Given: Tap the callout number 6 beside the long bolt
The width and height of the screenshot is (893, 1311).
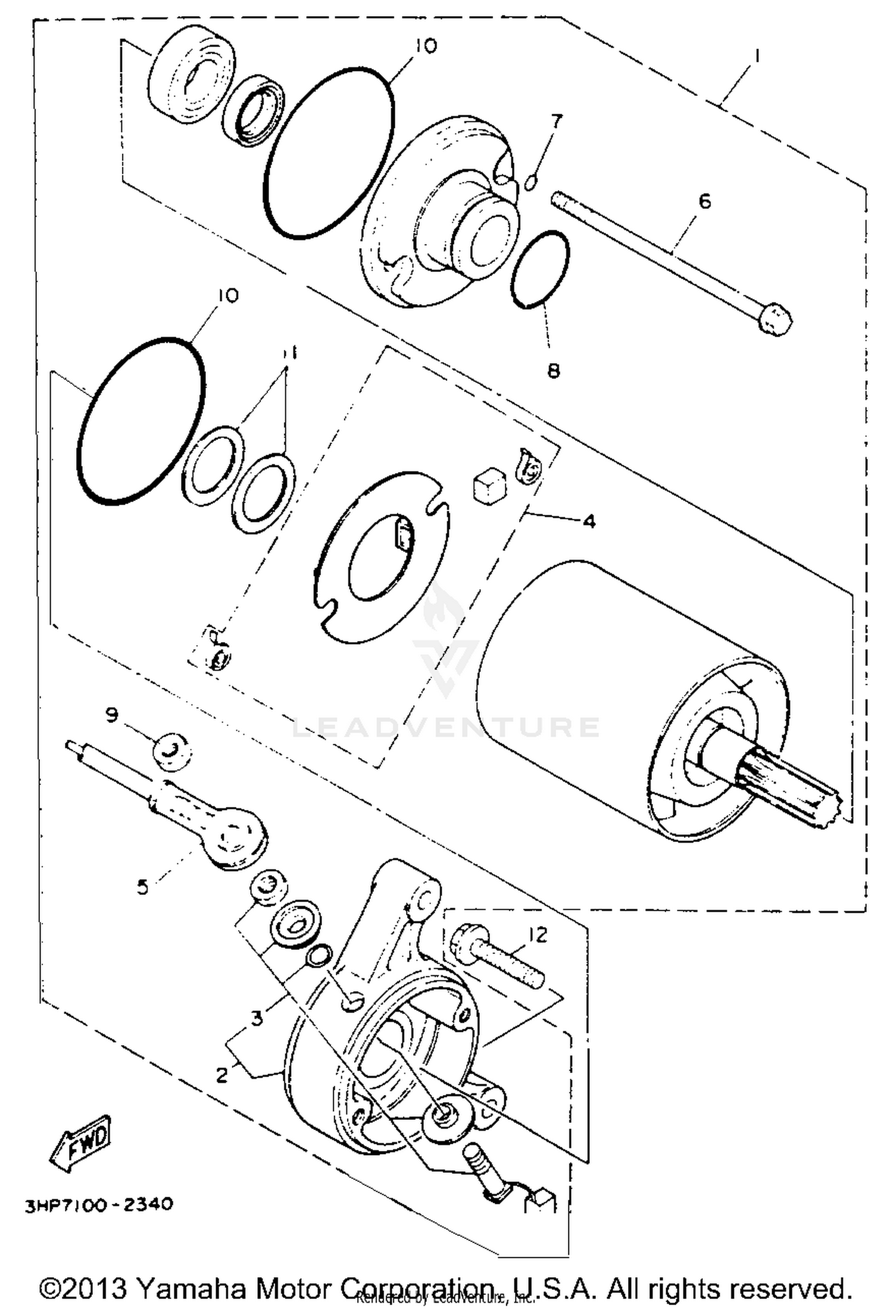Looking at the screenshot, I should point(704,201).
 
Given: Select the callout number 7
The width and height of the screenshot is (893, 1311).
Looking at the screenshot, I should point(556,121).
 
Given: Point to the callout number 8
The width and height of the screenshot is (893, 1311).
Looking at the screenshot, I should point(553,371).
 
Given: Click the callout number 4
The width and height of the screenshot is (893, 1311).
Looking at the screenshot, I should point(588,521).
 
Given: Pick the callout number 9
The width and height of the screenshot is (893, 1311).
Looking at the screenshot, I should point(112,715).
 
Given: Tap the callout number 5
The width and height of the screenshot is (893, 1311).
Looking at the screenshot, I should point(142,887).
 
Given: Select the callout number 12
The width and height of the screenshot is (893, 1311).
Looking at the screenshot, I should point(537,935).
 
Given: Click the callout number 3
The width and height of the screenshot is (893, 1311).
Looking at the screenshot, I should point(257,1019).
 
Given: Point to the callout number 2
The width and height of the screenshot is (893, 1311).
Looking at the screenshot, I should point(221,1075).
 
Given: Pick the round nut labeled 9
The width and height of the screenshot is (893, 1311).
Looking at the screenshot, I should point(171,752).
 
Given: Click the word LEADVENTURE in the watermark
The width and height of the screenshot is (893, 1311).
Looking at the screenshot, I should point(447,728).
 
